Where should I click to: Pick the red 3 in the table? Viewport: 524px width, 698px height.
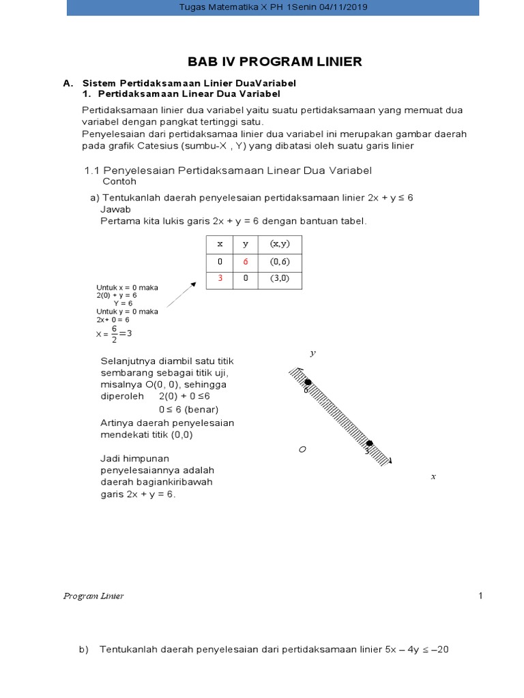point(220,279)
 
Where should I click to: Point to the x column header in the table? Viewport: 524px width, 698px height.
point(220,243)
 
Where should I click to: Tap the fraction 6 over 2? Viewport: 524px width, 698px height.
point(114,334)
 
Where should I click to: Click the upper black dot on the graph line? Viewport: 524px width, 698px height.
point(308,382)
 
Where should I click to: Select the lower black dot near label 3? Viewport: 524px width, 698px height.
point(369,444)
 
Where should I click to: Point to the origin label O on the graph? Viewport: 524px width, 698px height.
point(302,450)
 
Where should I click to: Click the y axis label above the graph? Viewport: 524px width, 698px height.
point(312,353)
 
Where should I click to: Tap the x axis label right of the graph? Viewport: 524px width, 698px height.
point(433,476)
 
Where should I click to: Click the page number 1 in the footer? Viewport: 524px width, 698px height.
point(480,596)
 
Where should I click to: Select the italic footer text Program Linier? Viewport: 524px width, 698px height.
point(93,596)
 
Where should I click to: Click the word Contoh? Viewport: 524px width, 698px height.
point(119,182)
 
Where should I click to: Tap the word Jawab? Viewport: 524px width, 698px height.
point(115,209)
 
